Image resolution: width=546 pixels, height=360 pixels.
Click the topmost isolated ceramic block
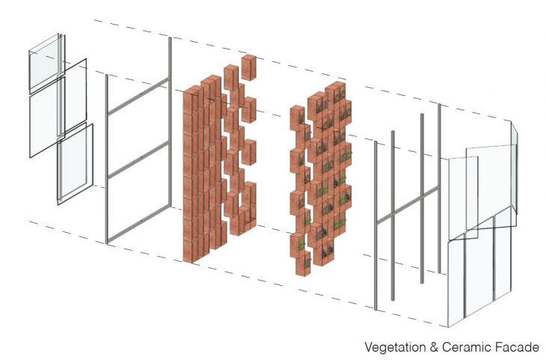pyautogui.click(x=248, y=67)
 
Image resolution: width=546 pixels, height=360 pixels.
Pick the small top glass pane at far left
pyautogui.click(x=44, y=63)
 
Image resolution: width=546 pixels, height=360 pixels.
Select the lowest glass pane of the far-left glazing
pyautogui.click(x=76, y=163)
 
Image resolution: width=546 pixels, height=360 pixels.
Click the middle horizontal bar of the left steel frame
pyautogui.click(x=139, y=159)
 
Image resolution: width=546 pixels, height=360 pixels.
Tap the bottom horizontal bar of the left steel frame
pyautogui.click(x=139, y=224)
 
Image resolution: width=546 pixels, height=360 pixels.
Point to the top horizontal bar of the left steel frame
pyautogui.click(x=139, y=96)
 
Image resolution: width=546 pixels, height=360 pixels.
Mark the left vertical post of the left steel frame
pyautogui.click(x=106, y=159)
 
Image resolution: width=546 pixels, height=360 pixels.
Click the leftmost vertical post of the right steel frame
pyautogui.click(x=375, y=225)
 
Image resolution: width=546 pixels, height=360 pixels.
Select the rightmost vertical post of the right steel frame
pyautogui.click(x=440, y=188)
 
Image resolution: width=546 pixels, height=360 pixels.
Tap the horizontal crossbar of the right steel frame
pyautogui.click(x=408, y=205)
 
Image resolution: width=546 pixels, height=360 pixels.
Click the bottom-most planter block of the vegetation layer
pyautogui.click(x=303, y=263)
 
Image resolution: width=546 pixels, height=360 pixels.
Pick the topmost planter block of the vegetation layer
pyautogui.click(x=335, y=92)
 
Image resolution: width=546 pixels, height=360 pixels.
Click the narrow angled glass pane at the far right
pyautogui.click(x=515, y=168)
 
